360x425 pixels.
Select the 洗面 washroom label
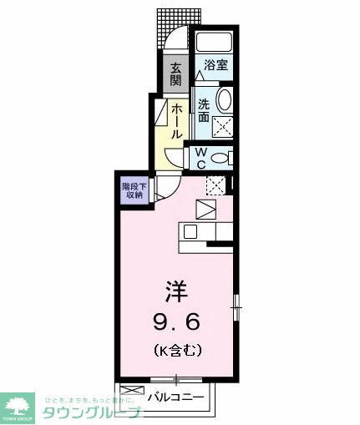(x=204, y=111)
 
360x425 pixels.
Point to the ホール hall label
(x=177, y=120)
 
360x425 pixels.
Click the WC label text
(x=201, y=157)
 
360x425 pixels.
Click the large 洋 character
(x=175, y=292)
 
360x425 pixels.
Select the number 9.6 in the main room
(x=176, y=321)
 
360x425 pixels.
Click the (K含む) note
(x=176, y=350)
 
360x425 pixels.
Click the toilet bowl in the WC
(x=221, y=158)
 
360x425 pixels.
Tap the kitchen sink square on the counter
(x=190, y=232)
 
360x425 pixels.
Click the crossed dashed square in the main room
(x=215, y=187)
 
